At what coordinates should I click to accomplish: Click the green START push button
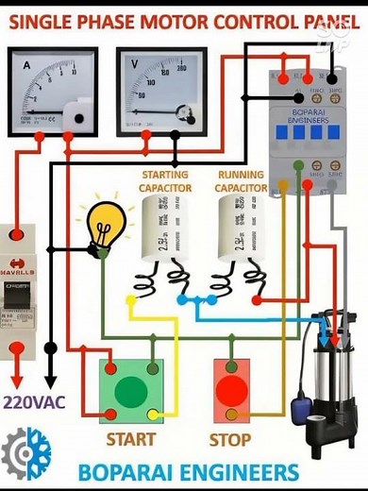[x=131, y=390]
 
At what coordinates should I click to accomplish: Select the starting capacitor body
[x=164, y=232]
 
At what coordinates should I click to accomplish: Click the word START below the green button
[x=130, y=440]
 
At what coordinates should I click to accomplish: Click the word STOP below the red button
[x=230, y=440]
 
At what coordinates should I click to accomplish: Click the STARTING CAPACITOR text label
[x=164, y=181]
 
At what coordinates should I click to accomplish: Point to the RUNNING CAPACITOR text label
[x=241, y=181]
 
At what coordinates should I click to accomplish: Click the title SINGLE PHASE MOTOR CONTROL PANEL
[x=179, y=21]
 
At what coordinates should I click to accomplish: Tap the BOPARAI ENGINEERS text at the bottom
[x=189, y=471]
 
